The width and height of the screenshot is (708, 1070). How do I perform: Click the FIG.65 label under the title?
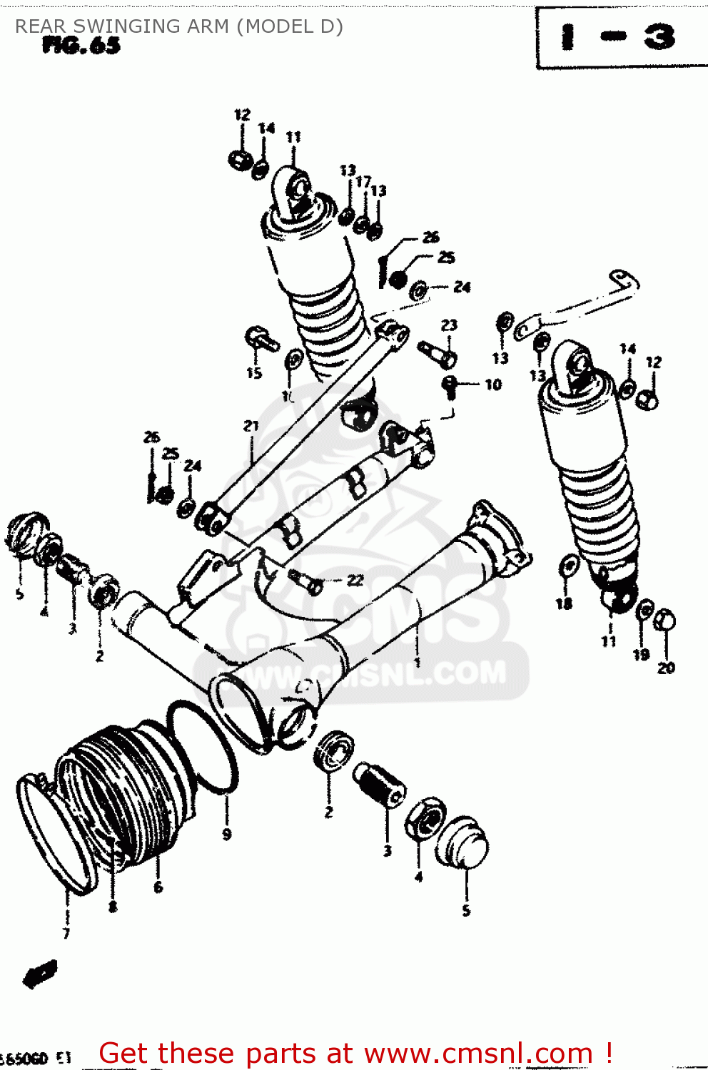coord(81,46)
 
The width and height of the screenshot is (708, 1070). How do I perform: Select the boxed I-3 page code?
coord(618,37)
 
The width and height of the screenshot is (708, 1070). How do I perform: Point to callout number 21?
coord(251,426)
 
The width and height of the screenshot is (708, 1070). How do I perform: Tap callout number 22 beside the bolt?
coord(355,581)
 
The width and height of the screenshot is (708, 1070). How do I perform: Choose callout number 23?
coord(449,325)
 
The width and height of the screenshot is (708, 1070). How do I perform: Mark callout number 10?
coord(493,385)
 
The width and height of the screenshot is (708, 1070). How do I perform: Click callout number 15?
coord(254,373)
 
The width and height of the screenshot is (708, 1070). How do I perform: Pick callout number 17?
coord(363,182)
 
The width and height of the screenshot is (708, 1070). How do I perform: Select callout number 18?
coord(564,604)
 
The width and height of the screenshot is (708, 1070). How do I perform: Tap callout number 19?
coord(641,655)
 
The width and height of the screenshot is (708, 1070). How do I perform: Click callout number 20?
coord(666,668)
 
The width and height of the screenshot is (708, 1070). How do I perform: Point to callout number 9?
coord(227,834)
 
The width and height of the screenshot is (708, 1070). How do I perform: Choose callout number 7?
coord(66,933)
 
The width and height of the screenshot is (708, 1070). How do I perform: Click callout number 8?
coord(113,907)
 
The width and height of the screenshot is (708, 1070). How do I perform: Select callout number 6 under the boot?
coord(158,887)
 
